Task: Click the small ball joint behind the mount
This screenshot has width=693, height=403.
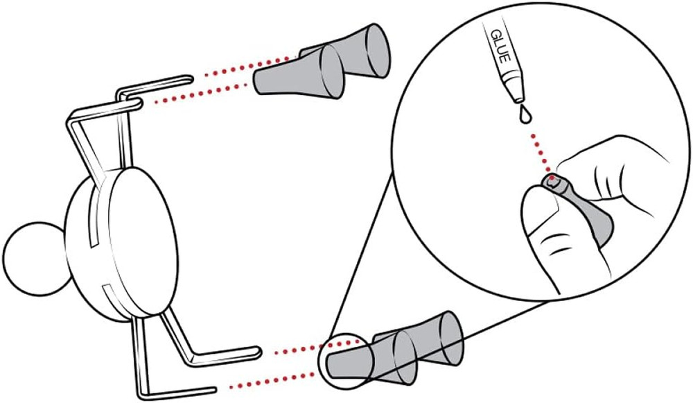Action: [35, 259]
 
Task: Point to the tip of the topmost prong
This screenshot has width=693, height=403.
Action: [191, 79]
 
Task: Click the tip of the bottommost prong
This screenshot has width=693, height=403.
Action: [214, 391]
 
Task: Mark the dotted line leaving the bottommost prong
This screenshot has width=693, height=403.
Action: [272, 381]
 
